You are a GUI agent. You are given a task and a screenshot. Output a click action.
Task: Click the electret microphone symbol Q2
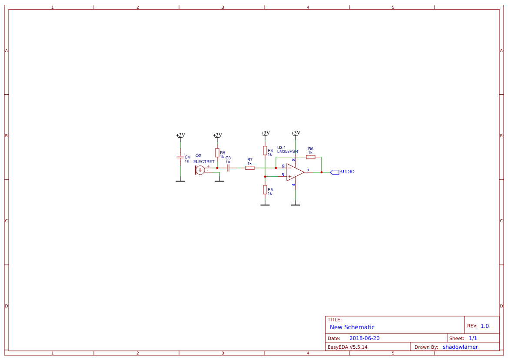pyautogui.click(x=200, y=170)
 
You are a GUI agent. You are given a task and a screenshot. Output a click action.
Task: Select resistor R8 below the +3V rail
pyautogui.click(x=217, y=152)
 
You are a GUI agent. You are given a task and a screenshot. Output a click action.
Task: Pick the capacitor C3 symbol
pyautogui.click(x=228, y=168)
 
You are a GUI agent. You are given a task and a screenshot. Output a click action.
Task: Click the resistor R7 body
pyautogui.click(x=249, y=168)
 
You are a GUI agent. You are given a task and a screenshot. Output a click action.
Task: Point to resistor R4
pyautogui.click(x=265, y=150)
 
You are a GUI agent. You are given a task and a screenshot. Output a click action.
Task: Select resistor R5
pyautogui.click(x=265, y=189)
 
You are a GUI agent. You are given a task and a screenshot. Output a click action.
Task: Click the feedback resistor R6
pyautogui.click(x=310, y=157)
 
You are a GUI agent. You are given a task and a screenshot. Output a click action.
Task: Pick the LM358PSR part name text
pyautogui.click(x=287, y=152)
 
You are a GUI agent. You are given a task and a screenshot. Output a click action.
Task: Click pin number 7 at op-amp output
pyautogui.click(x=308, y=170)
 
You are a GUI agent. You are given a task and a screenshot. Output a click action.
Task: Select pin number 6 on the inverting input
pyautogui.click(x=283, y=166)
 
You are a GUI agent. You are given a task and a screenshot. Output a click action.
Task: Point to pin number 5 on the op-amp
pyautogui.click(x=283, y=175)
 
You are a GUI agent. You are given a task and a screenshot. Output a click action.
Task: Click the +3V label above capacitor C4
pyautogui.click(x=180, y=135)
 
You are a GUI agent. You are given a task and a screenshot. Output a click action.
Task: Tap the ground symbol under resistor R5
pyautogui.click(x=265, y=205)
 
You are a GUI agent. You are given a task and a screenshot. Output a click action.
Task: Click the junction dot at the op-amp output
pyautogui.click(x=322, y=172)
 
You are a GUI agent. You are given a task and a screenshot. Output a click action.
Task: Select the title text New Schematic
pyautogui.click(x=352, y=327)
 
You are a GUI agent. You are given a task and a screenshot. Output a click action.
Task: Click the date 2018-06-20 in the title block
pyautogui.click(x=364, y=338)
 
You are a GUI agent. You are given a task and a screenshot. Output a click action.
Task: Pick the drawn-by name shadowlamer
pyautogui.click(x=460, y=347)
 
